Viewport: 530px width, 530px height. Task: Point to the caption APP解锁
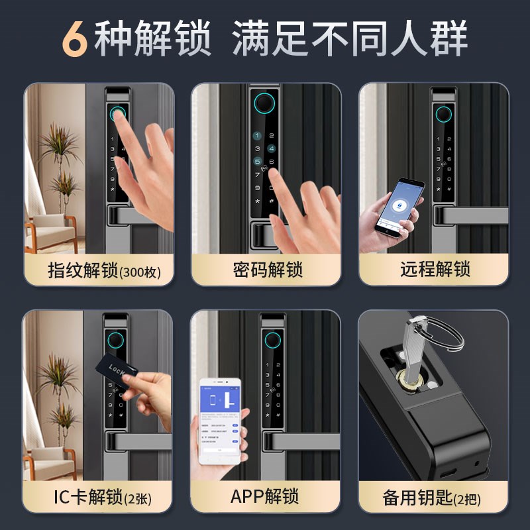[x=265, y=496]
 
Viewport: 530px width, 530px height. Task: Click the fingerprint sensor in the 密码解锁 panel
[x=264, y=105]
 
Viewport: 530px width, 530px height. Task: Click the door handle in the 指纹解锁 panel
[x=132, y=216]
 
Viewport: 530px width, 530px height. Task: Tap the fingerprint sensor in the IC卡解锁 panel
[x=117, y=341]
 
